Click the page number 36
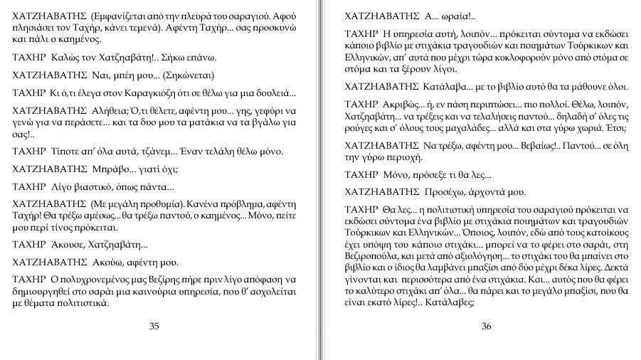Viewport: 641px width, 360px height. click(487, 327)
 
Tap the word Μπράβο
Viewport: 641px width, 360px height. click(109, 169)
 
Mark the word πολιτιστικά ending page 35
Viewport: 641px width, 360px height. click(83, 303)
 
